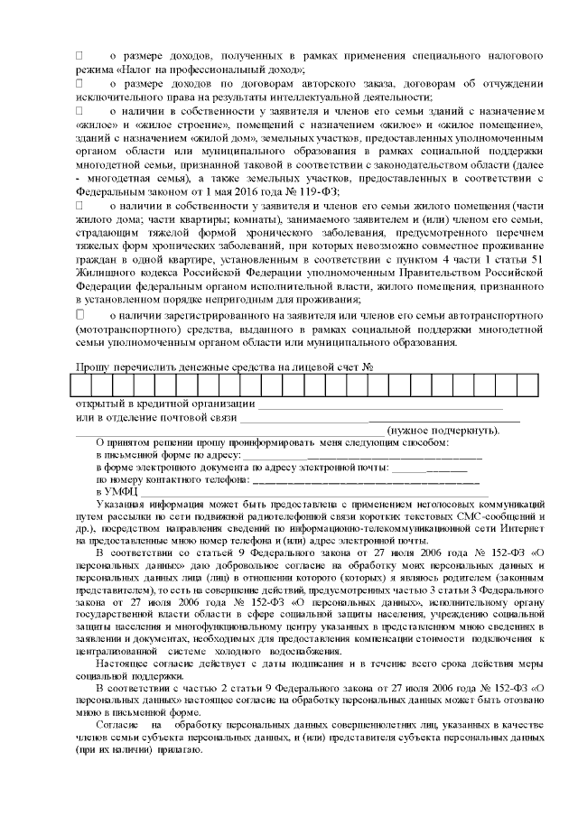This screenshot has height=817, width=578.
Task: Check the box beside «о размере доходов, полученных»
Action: [x=79, y=56]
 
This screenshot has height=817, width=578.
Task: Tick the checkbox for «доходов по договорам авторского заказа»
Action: [x=79, y=84]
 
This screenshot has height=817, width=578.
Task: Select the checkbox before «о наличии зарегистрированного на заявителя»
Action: [x=79, y=315]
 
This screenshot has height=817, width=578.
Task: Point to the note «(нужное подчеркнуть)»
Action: [x=442, y=432]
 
